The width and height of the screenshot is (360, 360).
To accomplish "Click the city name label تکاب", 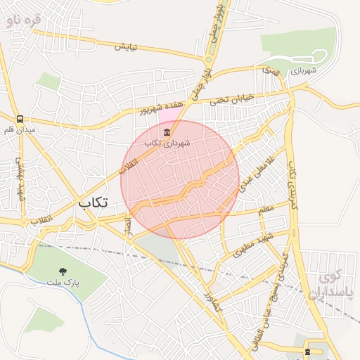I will coord(93,202).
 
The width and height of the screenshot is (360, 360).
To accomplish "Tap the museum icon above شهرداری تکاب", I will coord(167,132).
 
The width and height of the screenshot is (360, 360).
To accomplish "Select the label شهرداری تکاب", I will coord(167,143).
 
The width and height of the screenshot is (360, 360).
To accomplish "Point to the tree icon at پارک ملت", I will coord(64,271).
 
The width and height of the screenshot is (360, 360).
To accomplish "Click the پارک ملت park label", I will coord(64,283).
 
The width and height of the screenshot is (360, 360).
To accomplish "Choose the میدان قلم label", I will coord(20,130).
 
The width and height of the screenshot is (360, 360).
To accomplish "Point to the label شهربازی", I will coord(304,70).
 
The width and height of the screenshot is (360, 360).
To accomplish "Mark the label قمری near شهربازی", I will coord(270,71).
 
